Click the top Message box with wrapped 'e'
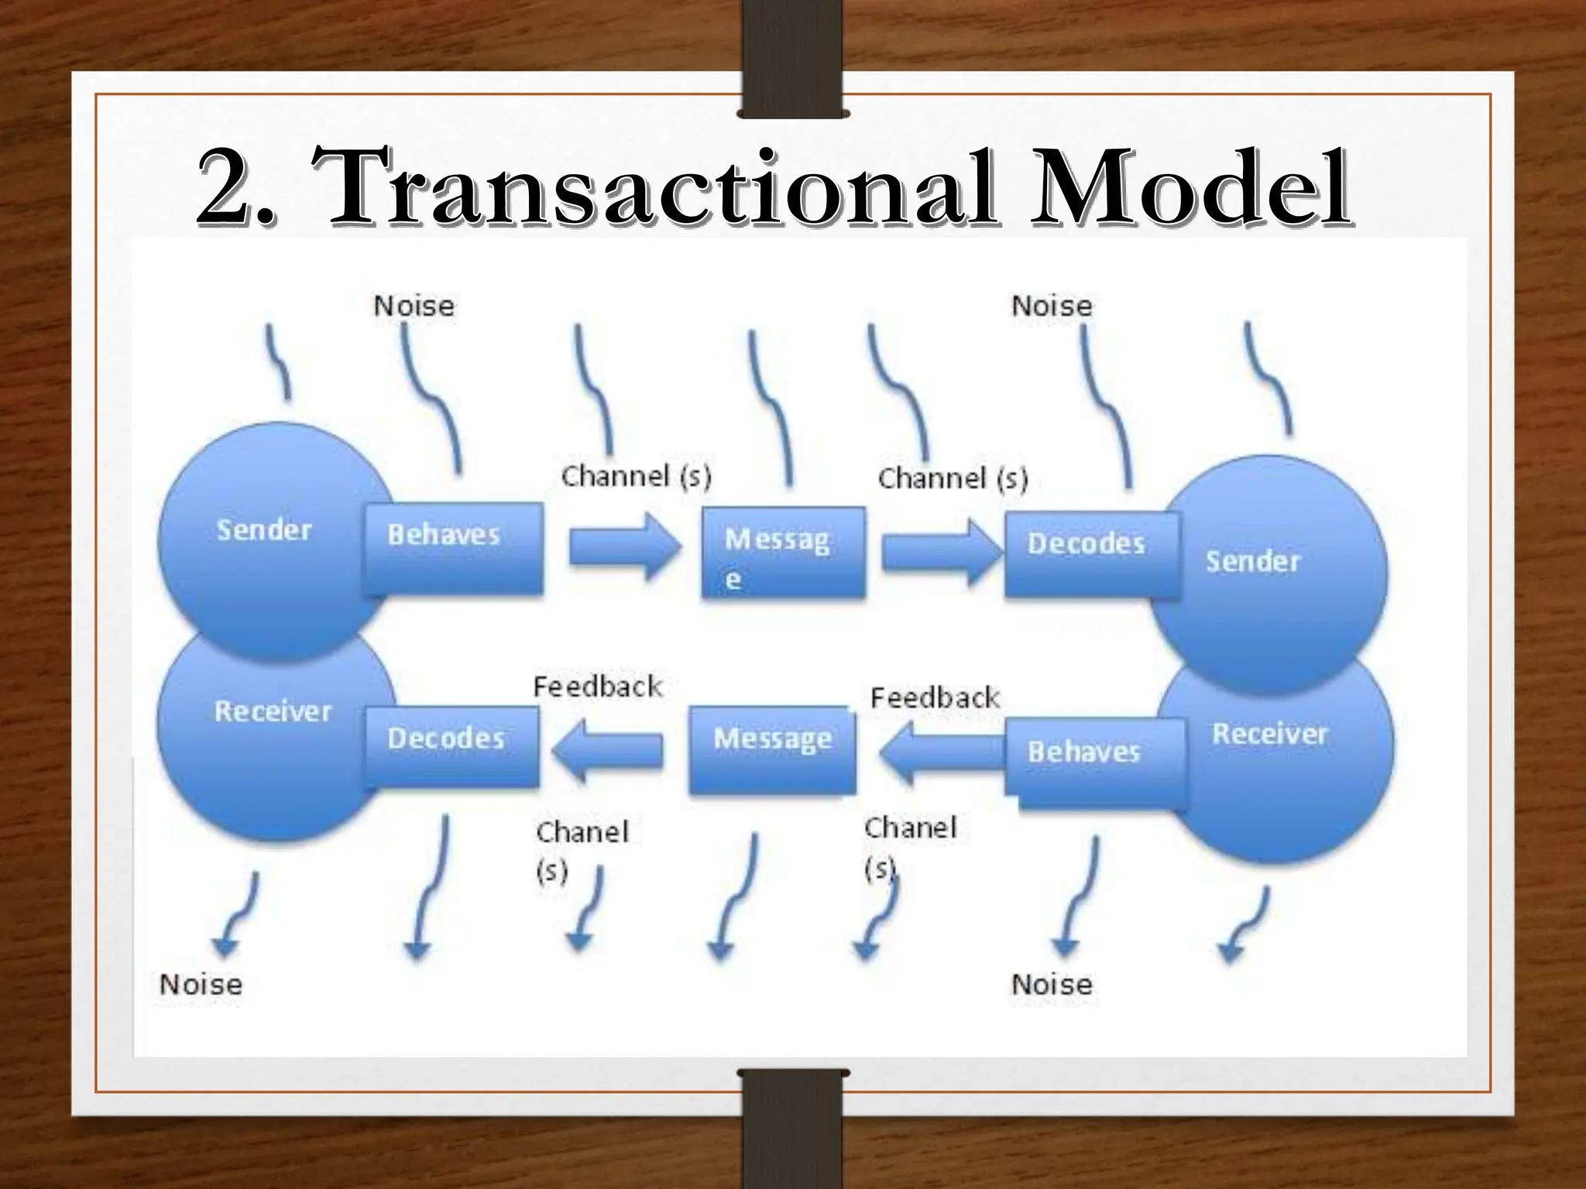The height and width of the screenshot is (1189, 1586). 782,553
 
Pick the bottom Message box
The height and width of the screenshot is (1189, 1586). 772,749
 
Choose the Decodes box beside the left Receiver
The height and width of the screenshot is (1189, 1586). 451,747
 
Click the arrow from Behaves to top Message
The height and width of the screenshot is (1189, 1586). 623,547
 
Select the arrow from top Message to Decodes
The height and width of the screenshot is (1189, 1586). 939,552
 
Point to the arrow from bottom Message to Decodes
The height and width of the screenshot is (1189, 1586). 608,749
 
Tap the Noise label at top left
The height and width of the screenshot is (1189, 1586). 414,306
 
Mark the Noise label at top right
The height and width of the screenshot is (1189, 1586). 1051,306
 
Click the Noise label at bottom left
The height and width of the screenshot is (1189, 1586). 201,985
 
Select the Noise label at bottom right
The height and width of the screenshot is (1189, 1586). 1051,985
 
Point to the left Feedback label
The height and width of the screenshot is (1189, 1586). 597,687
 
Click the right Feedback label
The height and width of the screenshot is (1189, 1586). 934,698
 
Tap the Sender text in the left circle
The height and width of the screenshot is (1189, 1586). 263,530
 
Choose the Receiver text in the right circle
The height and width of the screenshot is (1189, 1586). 1268,734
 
